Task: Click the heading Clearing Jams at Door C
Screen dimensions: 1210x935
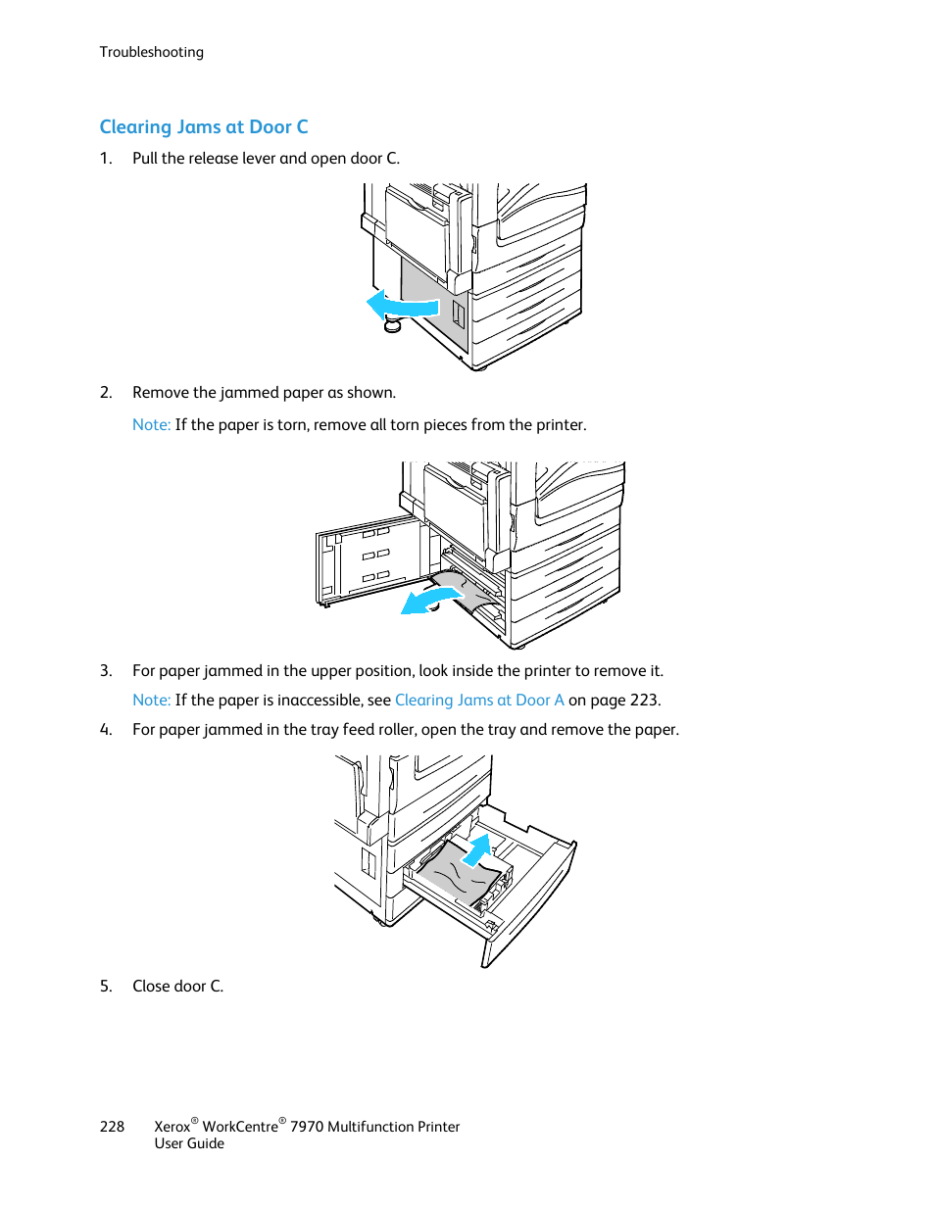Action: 204,127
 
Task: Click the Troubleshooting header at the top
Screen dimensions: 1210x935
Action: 151,52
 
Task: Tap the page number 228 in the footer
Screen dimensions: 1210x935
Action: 112,1127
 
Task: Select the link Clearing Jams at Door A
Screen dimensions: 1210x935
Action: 478,701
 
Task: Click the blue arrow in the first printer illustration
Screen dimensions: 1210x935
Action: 402,306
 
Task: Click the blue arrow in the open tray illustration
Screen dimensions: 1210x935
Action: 477,849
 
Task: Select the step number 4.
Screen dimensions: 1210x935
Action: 106,730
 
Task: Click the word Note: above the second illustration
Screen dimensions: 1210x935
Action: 151,425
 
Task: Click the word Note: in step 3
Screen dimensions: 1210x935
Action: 151,701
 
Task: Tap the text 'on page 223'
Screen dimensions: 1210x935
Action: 614,701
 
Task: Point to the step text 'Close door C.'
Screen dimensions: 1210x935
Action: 177,987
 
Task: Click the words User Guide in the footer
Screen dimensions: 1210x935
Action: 189,1144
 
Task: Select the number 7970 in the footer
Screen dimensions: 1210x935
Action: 307,1127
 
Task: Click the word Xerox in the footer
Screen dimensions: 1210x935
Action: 172,1127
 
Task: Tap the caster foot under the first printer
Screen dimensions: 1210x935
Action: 393,324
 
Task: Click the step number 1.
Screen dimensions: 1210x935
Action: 106,159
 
